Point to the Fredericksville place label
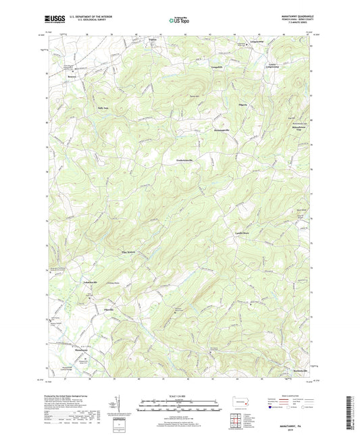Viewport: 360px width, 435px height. (180, 159)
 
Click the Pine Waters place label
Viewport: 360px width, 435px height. (128, 253)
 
